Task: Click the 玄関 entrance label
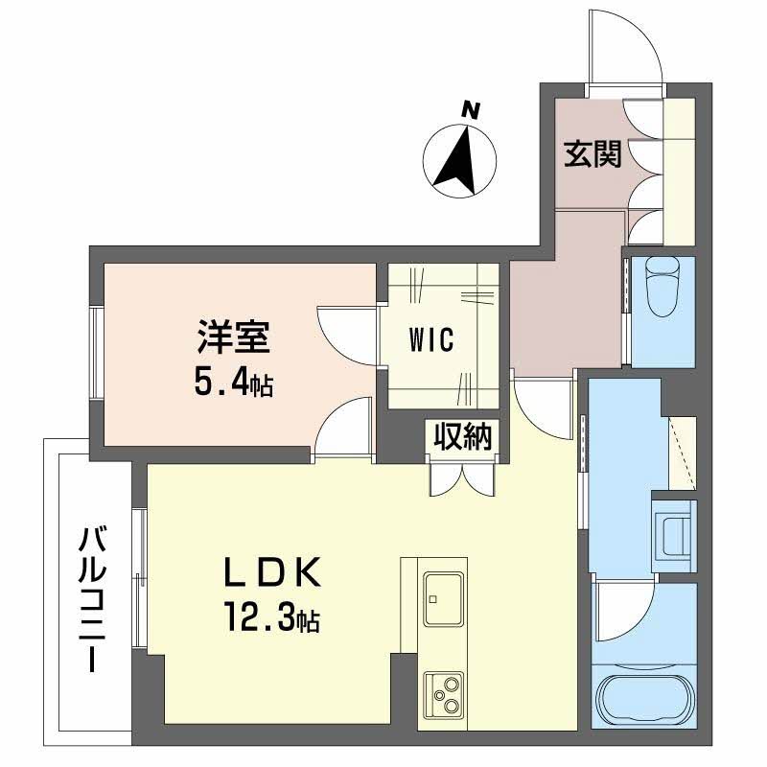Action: (x=592, y=154)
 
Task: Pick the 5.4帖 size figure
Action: (x=234, y=382)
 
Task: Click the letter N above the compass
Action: (x=470, y=109)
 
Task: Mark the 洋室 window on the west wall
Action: (x=96, y=351)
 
